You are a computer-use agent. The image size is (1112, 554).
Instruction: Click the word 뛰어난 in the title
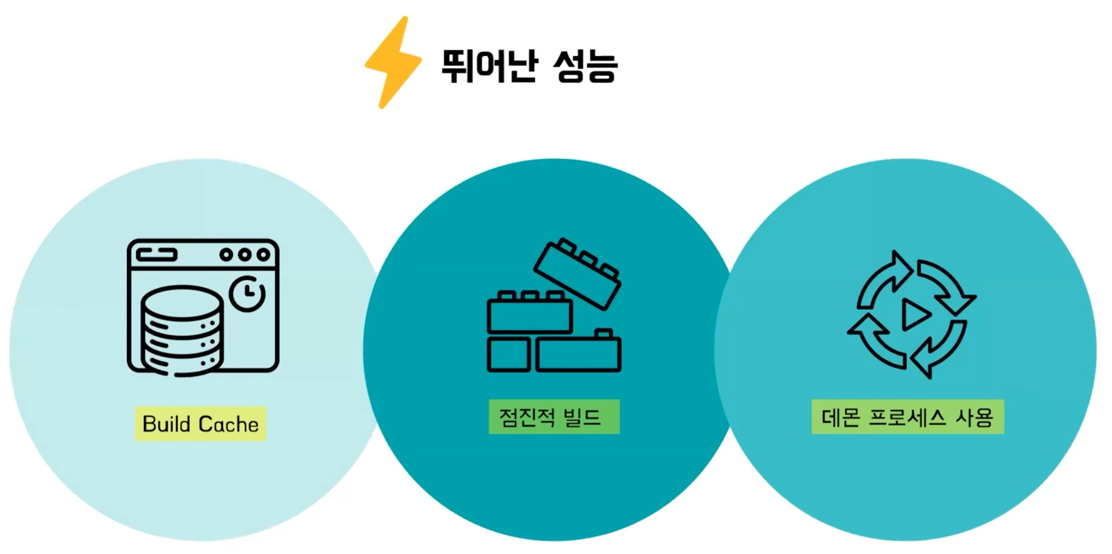[x=489, y=66]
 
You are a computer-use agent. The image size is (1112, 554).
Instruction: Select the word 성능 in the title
[x=585, y=66]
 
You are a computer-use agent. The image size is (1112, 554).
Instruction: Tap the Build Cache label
[x=201, y=424]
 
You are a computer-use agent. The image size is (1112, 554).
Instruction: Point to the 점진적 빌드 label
[x=554, y=417]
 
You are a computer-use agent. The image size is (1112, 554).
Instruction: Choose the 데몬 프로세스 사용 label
[x=907, y=417]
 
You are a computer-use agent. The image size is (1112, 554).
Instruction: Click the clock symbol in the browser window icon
[x=247, y=293]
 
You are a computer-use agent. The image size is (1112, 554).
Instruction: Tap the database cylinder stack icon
[x=182, y=330]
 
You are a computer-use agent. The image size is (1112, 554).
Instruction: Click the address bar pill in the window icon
[x=156, y=255]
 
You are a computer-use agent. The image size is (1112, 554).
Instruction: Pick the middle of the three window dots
[x=245, y=255]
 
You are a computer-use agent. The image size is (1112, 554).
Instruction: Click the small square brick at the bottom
[x=508, y=354]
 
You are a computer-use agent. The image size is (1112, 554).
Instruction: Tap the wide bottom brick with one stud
[x=578, y=353]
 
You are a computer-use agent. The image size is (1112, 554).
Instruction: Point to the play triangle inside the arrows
[x=915, y=315]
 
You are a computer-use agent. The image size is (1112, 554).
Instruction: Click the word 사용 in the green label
[x=974, y=417]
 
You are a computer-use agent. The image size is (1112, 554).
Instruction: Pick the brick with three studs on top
[x=529, y=315]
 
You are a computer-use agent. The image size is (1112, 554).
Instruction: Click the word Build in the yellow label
[x=166, y=424]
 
